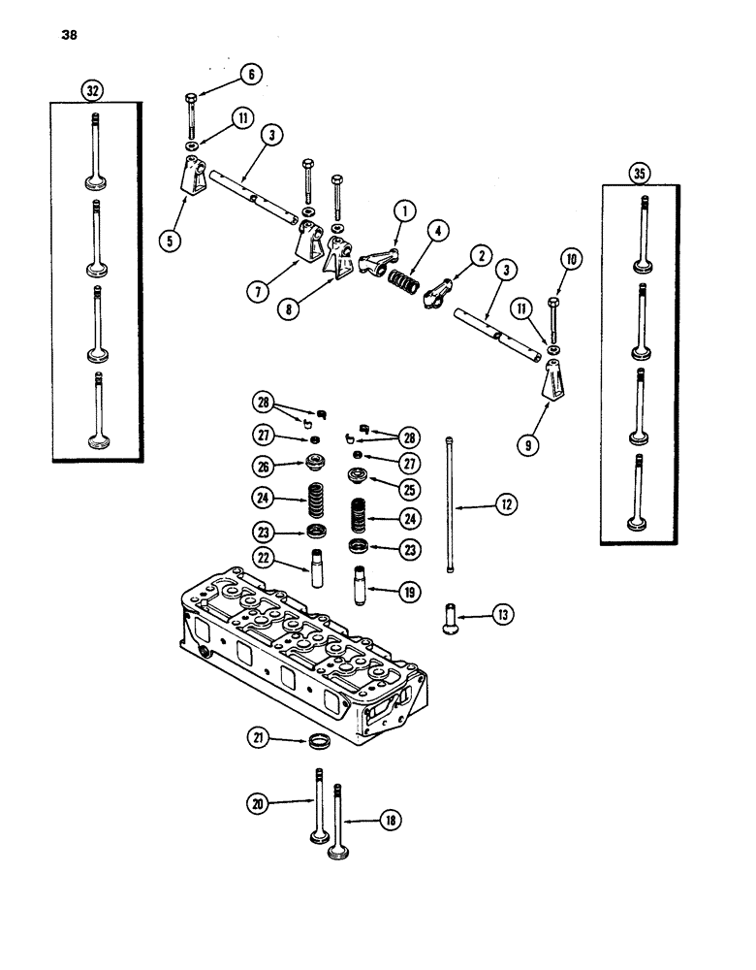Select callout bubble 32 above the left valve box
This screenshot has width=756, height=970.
click(x=93, y=89)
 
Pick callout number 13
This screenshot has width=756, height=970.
click(x=503, y=614)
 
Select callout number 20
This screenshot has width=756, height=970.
click(x=257, y=803)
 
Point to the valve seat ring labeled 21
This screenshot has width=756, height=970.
click(x=318, y=744)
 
